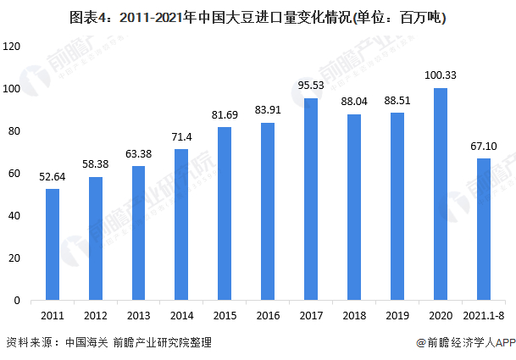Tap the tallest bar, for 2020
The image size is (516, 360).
tap(440, 194)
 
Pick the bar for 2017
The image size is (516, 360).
tap(310, 199)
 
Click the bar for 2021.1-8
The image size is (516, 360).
tap(483, 229)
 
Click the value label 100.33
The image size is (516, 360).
tap(440, 76)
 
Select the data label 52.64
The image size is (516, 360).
tap(53, 177)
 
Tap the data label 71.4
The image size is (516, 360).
tap(181, 137)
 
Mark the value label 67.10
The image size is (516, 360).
tap(483, 147)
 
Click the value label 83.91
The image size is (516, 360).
tap(268, 111)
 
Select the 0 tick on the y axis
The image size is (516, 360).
tap(18, 301)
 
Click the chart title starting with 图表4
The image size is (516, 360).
tap(258, 16)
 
